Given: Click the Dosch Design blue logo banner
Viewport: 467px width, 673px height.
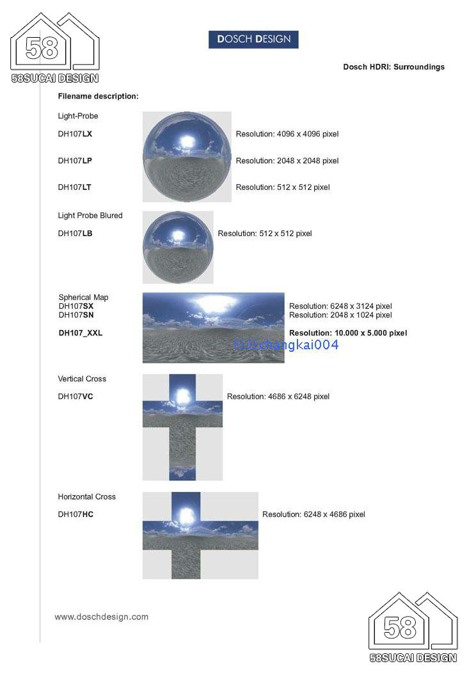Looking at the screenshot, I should click(x=253, y=39).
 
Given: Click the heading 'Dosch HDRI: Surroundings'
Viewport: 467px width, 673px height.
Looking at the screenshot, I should click(x=393, y=67).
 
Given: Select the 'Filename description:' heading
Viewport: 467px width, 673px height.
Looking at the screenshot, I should click(x=98, y=96).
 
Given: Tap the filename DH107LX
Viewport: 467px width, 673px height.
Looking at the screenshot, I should click(x=75, y=134).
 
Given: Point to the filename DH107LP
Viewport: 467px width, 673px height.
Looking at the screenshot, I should click(x=75, y=161).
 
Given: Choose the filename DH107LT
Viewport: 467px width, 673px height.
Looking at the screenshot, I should click(x=74, y=187).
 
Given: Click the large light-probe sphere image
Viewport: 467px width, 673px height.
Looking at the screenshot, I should click(x=186, y=157).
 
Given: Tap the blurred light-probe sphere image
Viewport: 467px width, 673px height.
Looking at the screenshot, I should click(x=177, y=247).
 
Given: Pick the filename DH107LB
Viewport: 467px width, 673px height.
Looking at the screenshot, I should click(x=75, y=234).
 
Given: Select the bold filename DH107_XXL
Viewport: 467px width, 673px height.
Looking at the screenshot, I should click(x=81, y=333).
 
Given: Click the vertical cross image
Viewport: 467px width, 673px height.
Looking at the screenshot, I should click(x=182, y=427).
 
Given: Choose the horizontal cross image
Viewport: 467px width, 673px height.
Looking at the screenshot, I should click(x=200, y=535).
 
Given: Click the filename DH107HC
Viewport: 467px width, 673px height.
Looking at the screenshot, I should click(x=75, y=514).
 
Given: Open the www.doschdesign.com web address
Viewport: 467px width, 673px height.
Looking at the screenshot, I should click(x=101, y=617).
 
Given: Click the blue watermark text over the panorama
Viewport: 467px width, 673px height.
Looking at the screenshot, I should click(x=287, y=345).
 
